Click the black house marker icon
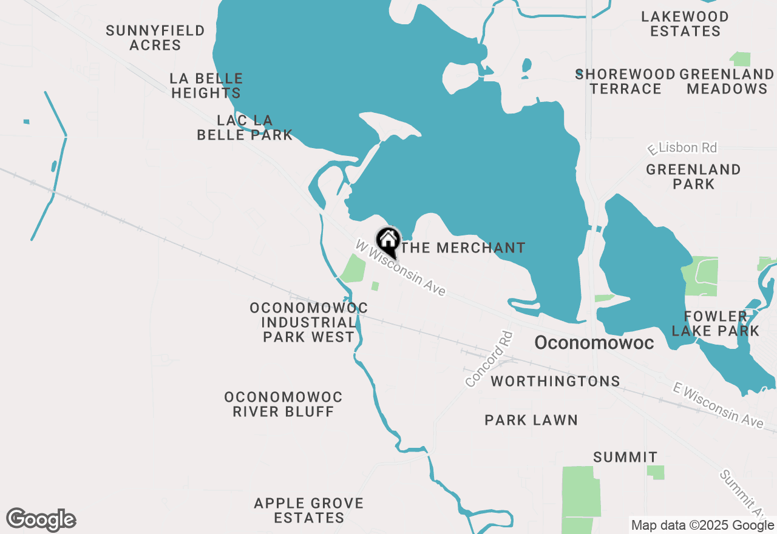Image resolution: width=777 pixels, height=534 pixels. tap(388, 241)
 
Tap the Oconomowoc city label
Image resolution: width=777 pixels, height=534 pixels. tap(594, 343)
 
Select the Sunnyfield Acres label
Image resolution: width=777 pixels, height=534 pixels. tap(155, 38)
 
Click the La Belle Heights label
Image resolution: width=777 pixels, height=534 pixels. tap(206, 86)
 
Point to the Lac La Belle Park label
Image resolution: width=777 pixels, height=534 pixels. tap(245, 127)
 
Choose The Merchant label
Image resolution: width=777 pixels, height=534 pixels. tap(463, 248)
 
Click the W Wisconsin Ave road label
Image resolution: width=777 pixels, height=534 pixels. tap(401, 268)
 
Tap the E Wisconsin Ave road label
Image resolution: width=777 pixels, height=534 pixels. tap(718, 405)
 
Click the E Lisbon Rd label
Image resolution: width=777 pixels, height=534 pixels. tap(682, 148)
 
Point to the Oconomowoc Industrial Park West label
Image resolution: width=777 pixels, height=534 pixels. tap(308, 322)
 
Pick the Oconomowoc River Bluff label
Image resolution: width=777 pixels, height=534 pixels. tap(283, 404)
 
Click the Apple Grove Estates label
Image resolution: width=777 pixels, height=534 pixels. tap(309, 510)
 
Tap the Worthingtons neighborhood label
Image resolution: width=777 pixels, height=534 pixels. tap(555, 381)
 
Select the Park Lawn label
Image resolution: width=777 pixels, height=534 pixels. tap(531, 420)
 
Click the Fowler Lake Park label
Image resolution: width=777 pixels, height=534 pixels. tap(716, 323)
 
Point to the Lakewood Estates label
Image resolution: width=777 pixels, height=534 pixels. tap(685, 24)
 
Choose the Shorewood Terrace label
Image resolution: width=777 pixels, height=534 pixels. tap(625, 81)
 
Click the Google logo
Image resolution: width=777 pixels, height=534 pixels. tap(41, 520)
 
